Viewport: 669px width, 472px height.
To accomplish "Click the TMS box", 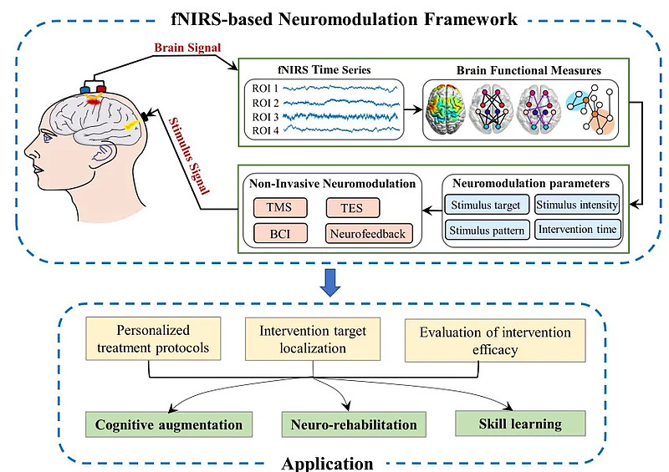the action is [280, 208].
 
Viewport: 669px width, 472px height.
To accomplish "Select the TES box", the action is [352, 208].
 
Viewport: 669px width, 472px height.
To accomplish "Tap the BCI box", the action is [280, 234].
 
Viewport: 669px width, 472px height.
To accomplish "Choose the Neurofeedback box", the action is [369, 234].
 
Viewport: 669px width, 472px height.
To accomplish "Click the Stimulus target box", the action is [486, 205].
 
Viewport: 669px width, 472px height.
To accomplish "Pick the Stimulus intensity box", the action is [577, 205].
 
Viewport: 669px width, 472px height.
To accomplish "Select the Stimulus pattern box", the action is [487, 231].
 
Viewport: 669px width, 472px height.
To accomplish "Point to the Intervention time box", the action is [577, 230].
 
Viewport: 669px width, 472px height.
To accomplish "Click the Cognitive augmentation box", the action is [169, 424].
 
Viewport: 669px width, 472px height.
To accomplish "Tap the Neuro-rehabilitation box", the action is [354, 424].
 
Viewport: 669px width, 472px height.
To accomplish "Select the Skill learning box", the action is [520, 424].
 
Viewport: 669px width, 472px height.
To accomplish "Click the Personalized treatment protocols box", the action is [153, 338].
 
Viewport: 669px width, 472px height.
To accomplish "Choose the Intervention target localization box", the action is [313, 339].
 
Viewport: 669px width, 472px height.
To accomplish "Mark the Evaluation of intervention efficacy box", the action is [495, 341].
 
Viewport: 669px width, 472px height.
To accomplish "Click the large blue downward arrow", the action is [330, 282].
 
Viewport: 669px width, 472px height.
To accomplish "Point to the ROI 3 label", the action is [265, 117].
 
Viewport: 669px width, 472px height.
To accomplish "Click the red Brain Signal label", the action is [187, 48].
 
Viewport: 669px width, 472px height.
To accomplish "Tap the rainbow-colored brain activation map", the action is [446, 109].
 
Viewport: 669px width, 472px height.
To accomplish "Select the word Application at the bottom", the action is [327, 464].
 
